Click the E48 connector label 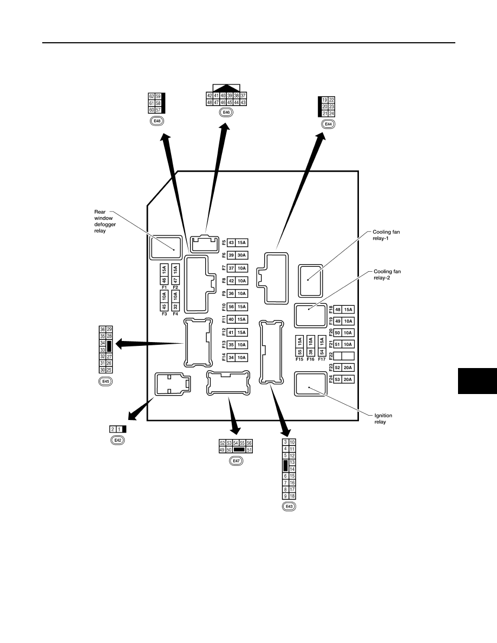[x=156, y=121]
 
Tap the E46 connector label [x=226, y=113]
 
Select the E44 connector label [x=328, y=124]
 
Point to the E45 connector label [x=106, y=382]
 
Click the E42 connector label [x=117, y=440]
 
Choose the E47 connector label [x=236, y=461]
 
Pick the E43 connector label [x=289, y=507]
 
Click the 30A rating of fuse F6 [x=241, y=255]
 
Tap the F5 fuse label [x=224, y=243]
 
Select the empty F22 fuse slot [x=344, y=356]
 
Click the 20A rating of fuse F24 [x=348, y=380]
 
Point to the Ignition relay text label [x=383, y=419]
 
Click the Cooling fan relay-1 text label [x=386, y=235]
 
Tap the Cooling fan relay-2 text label [x=387, y=275]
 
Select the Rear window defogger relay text [x=105, y=221]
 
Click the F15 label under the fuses [x=299, y=359]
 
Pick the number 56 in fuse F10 [x=231, y=307]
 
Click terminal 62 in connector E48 [x=151, y=96]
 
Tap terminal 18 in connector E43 [x=292, y=496]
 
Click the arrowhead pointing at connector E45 [x=120, y=344]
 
